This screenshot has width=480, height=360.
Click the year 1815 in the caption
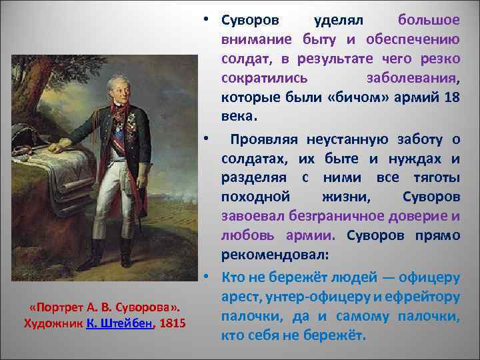173,323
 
